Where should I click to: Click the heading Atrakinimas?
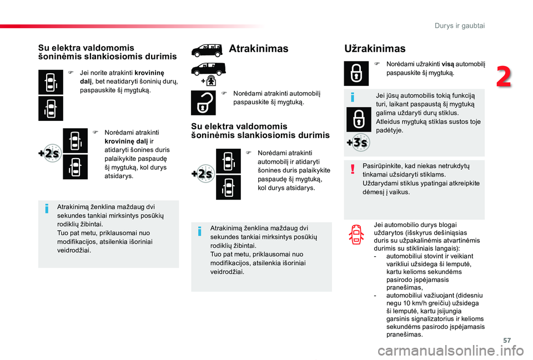tap(258, 49)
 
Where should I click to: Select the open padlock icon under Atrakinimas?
tap(203, 103)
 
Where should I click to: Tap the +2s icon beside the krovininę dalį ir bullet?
tap(49, 154)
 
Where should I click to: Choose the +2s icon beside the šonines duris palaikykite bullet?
tap(202, 174)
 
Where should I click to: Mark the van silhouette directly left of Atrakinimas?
tap(207, 52)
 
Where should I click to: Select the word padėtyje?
tap(389, 130)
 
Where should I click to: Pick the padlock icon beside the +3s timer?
tap(359, 119)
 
